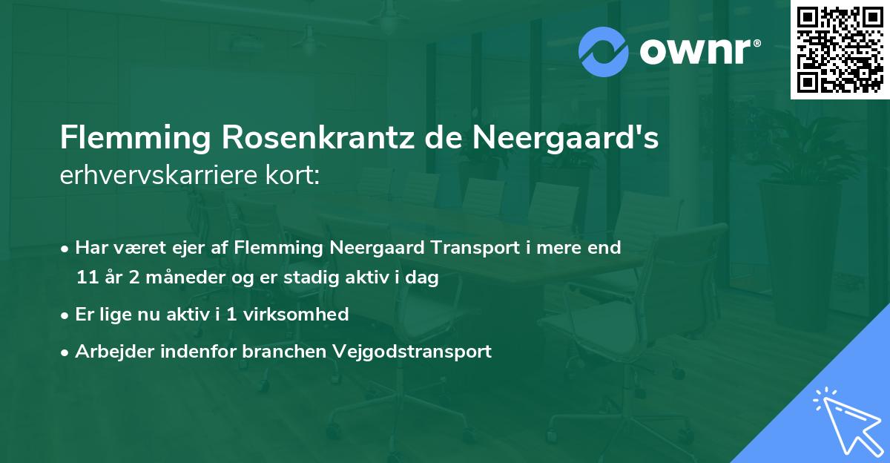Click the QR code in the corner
pos(840,50)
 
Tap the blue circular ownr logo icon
pos(604,52)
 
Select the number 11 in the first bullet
pos(85,278)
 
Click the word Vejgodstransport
pos(418,351)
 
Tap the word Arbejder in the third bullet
pos(109,351)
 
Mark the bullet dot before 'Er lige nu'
pos(65,315)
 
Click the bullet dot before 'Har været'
pos(65,249)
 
